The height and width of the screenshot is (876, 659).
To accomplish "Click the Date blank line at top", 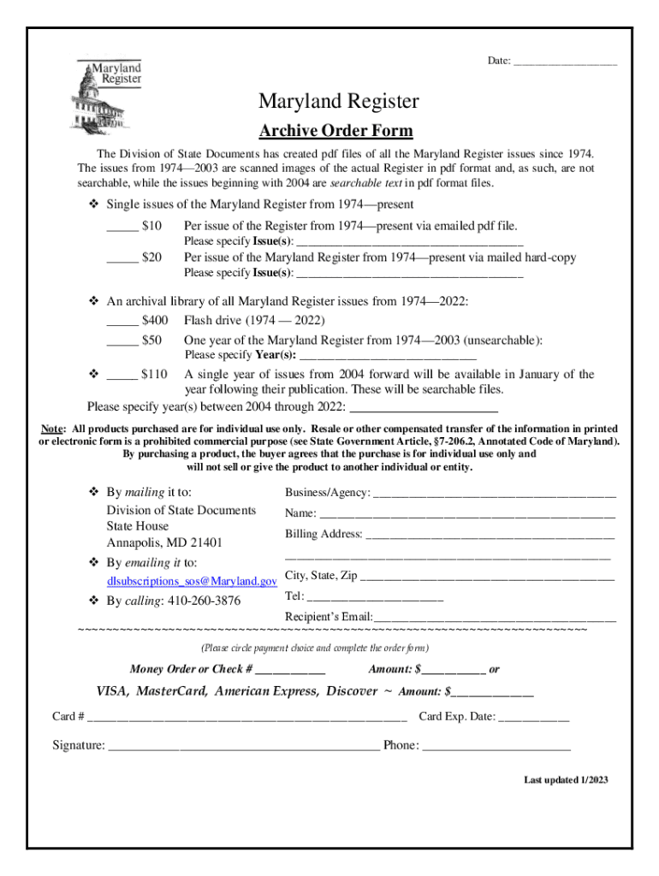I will click(565, 62).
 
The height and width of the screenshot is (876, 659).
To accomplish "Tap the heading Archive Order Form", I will click(335, 131).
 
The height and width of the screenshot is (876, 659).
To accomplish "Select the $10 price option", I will click(151, 227).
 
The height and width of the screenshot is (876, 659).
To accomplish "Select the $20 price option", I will click(151, 257).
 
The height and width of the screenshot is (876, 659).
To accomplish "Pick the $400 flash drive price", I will click(155, 321).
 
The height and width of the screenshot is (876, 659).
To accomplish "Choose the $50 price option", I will click(151, 340).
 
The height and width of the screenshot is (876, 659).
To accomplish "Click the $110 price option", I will click(154, 375).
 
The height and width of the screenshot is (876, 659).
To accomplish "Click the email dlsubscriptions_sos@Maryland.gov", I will click(191, 582).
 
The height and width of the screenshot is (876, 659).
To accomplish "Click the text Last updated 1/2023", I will click(566, 780).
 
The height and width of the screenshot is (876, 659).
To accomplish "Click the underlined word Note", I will click(53, 429).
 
